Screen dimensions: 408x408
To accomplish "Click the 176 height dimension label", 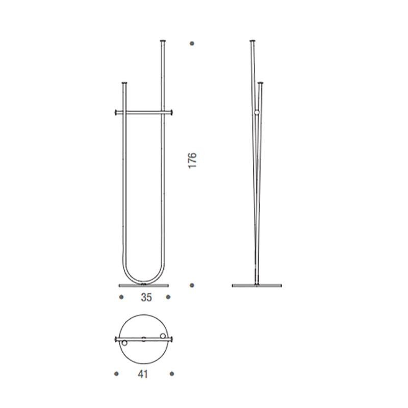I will coord(192,161).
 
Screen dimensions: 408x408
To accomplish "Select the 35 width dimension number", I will coord(146,298).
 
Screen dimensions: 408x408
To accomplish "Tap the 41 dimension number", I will coord(143,374).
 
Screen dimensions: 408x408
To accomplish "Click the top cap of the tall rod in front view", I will coord(163,41).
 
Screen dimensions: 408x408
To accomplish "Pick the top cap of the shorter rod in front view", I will coord(123,82).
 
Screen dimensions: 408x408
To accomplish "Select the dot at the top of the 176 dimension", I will coord(192,43).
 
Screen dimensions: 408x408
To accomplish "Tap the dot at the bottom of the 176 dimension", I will coord(192,285).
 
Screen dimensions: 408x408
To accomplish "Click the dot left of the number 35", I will coord(121,297).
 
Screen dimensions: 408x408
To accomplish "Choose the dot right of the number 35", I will coord(168,297).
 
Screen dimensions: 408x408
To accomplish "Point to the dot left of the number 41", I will coord(117,374).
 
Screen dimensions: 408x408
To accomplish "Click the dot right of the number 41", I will coord(172,374).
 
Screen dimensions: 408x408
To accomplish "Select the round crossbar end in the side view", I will coord(256,113).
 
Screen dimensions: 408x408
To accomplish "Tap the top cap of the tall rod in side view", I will coord(251,41).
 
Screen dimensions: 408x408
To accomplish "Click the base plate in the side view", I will coord(256,285).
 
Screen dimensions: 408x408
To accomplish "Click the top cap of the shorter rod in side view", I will coord(261,82).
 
